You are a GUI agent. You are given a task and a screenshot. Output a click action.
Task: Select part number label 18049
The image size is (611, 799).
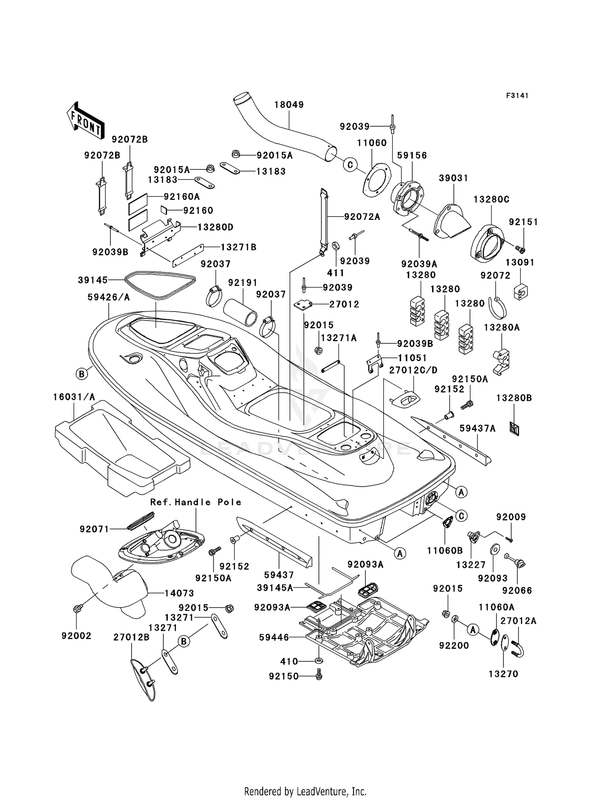(289, 105)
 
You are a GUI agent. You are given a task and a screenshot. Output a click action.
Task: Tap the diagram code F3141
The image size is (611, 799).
(517, 96)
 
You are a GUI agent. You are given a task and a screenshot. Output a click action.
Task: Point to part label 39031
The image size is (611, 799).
(453, 178)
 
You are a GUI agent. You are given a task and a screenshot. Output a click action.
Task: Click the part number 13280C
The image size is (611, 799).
(491, 200)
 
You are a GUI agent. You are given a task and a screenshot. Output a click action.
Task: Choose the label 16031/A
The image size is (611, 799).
(74, 397)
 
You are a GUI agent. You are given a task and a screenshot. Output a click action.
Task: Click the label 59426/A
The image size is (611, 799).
(109, 298)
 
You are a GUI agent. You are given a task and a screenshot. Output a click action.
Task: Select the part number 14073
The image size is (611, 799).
(179, 593)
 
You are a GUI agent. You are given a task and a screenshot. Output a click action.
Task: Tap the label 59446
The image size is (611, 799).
(274, 637)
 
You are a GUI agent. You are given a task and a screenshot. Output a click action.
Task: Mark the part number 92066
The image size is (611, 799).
(517, 590)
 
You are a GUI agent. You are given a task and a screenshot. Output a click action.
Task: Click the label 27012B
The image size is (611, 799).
(132, 637)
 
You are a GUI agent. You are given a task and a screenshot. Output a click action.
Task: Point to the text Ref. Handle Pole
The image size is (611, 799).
(196, 502)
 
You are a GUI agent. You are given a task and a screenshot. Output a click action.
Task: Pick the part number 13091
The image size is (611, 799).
(520, 262)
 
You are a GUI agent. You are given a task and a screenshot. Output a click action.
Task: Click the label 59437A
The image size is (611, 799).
(477, 428)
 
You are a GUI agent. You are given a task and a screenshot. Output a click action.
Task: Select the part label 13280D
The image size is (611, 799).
(215, 227)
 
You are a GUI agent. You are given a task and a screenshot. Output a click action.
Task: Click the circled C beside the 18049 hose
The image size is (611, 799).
(350, 165)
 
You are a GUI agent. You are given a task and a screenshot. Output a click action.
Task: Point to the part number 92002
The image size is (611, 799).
(77, 636)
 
